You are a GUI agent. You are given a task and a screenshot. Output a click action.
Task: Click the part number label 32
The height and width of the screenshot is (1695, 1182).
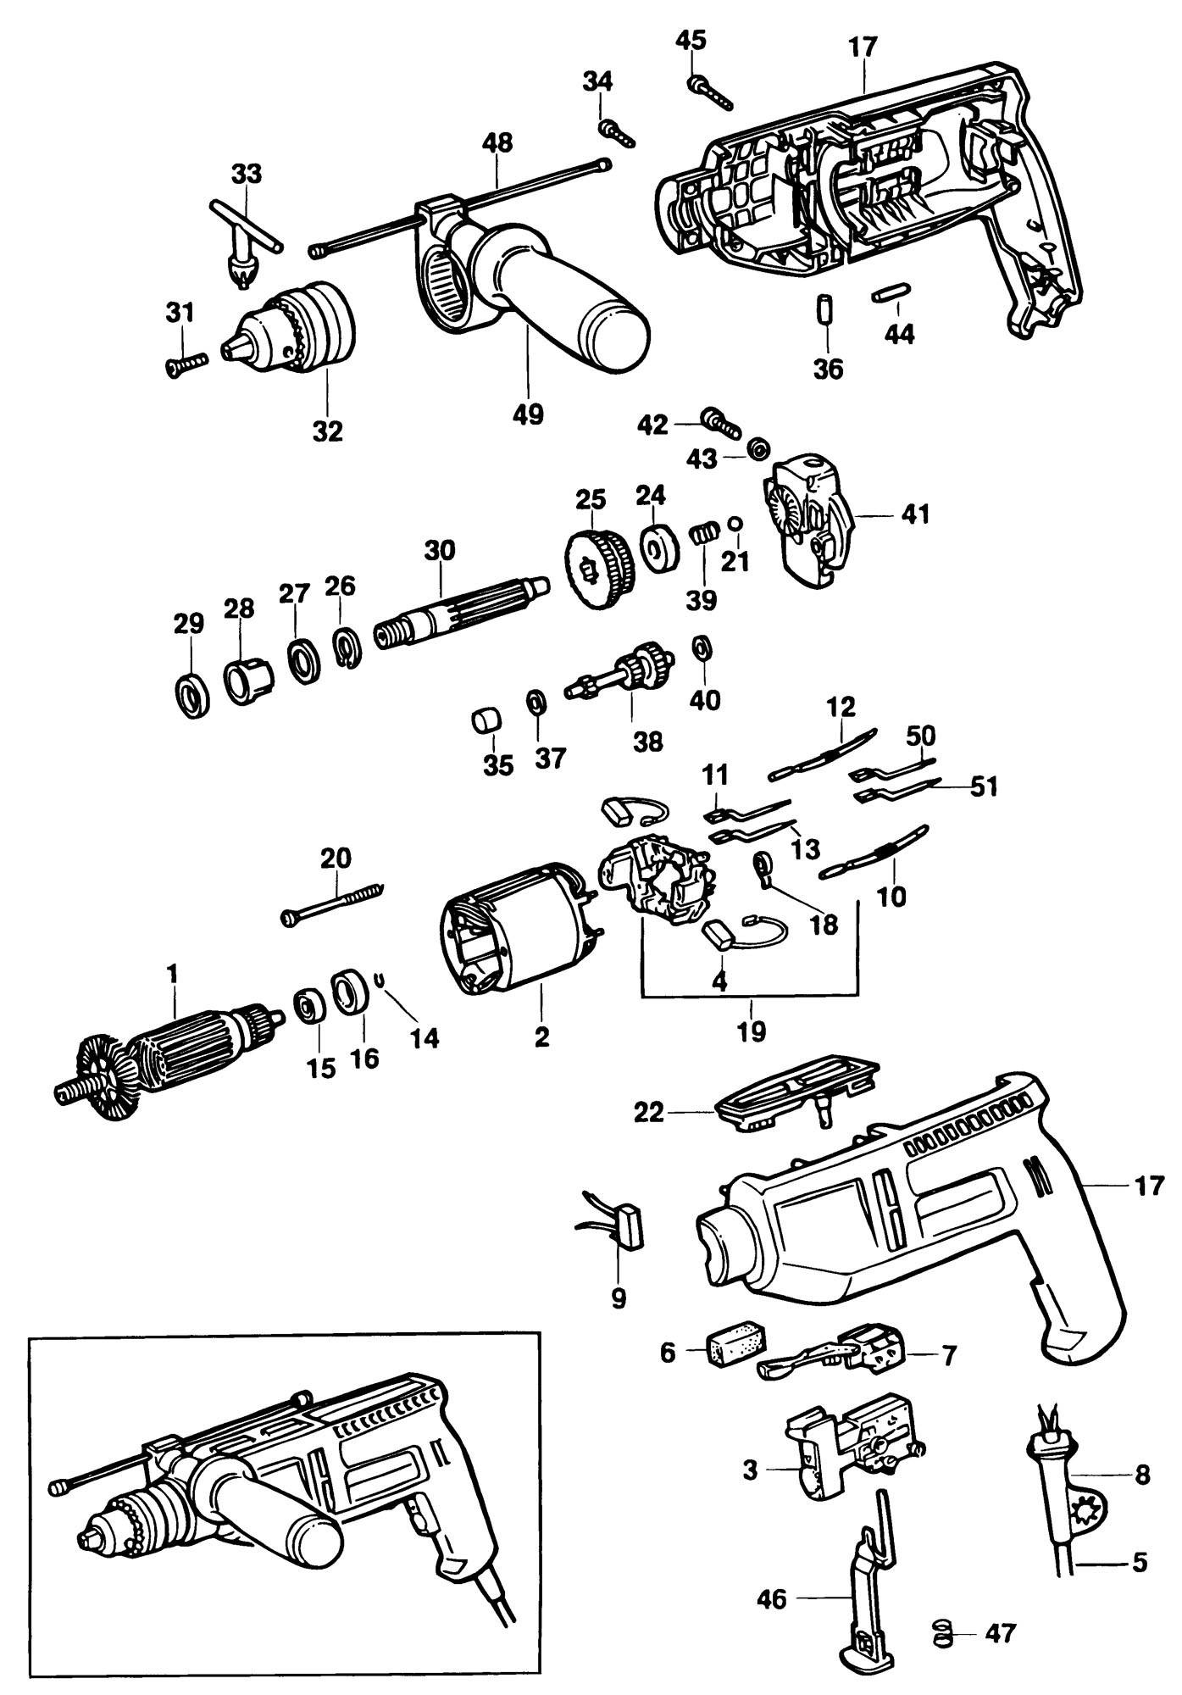327,431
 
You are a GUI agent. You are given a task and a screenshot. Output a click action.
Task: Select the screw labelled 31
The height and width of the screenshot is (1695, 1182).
186,365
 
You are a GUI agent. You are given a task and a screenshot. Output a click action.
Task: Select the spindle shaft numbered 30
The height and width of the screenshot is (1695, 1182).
462,613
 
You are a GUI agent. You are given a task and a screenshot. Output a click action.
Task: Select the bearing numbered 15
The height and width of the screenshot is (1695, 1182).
307,1006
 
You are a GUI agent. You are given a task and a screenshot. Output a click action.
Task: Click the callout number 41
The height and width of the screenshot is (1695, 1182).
915,514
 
